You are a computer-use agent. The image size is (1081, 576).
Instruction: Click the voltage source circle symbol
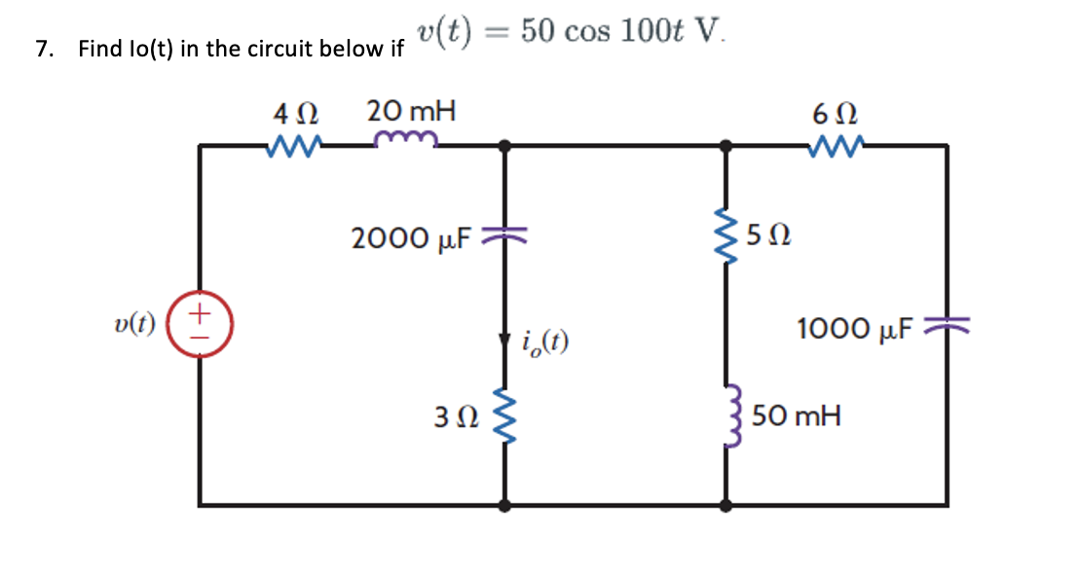[200, 325]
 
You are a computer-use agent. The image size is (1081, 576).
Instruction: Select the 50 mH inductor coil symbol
[726, 417]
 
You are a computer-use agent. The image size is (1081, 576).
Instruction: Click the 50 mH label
[798, 417]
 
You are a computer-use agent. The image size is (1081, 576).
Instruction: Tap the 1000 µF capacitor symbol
[948, 327]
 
